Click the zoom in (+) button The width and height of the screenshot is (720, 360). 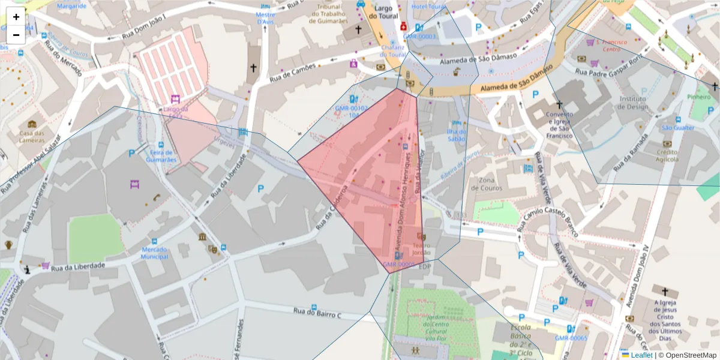tap(16, 17)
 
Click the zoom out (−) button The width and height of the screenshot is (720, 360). tap(16, 35)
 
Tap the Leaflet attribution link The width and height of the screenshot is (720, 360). tap(641, 355)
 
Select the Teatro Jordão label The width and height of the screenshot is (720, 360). tap(421, 248)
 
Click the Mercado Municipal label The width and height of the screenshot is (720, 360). tap(155, 253)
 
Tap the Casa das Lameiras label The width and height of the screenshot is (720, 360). tap(32, 137)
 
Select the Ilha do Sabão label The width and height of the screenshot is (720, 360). tap(457, 135)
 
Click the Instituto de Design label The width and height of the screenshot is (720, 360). tap(634, 103)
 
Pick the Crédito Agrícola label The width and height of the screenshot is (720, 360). tap(667, 155)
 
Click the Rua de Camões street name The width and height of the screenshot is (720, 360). tap(292, 74)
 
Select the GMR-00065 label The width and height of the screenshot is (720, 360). tap(571, 338)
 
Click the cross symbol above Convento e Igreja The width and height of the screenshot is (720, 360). tap(559, 104)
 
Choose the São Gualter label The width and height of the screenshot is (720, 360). tap(678, 127)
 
